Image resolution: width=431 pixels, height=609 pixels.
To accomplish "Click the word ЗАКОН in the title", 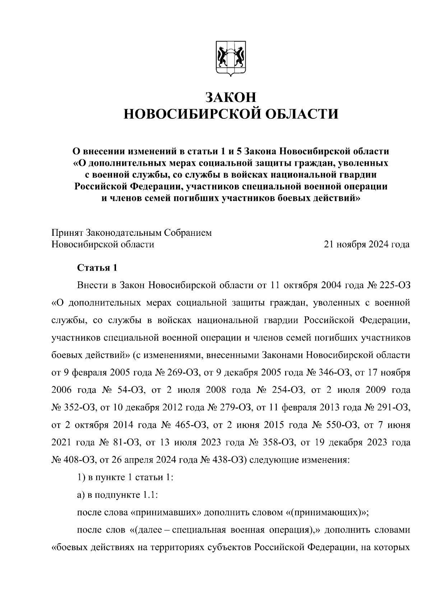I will [x=231, y=97].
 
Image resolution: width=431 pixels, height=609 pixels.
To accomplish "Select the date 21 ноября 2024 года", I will [x=367, y=244].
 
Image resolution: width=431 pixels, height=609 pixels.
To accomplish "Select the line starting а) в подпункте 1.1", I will [x=118, y=495].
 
